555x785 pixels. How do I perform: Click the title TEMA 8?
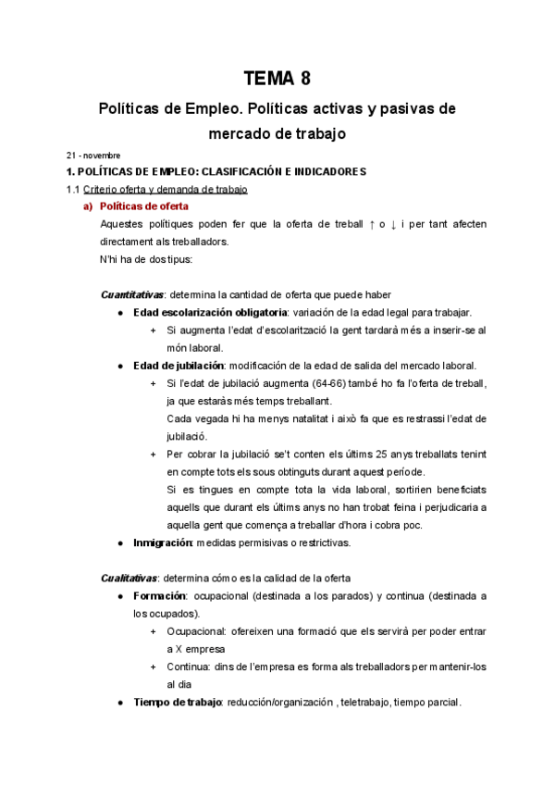[x=277, y=77]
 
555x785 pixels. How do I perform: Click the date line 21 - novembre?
[x=92, y=155]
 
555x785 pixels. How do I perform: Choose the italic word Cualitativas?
[x=126, y=578]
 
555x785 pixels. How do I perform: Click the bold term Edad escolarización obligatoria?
[x=210, y=312]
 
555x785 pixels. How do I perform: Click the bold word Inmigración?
[x=162, y=542]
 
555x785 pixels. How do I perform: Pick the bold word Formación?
[x=160, y=595]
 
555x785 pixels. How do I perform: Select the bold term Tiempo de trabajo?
[x=177, y=702]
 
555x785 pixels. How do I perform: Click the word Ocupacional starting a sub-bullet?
[x=197, y=630]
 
